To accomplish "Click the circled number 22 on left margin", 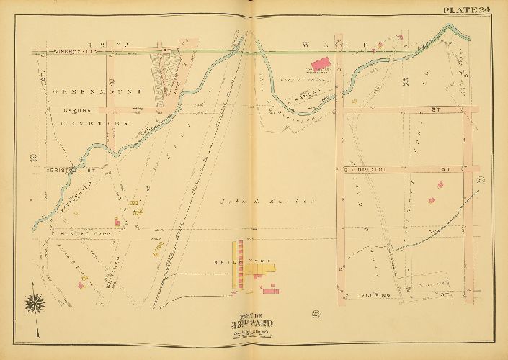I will coord(33,157).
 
